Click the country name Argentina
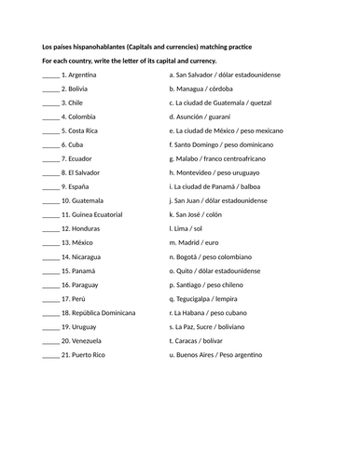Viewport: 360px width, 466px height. pos(83,74)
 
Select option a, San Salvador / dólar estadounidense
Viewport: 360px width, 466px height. pos(224,74)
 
